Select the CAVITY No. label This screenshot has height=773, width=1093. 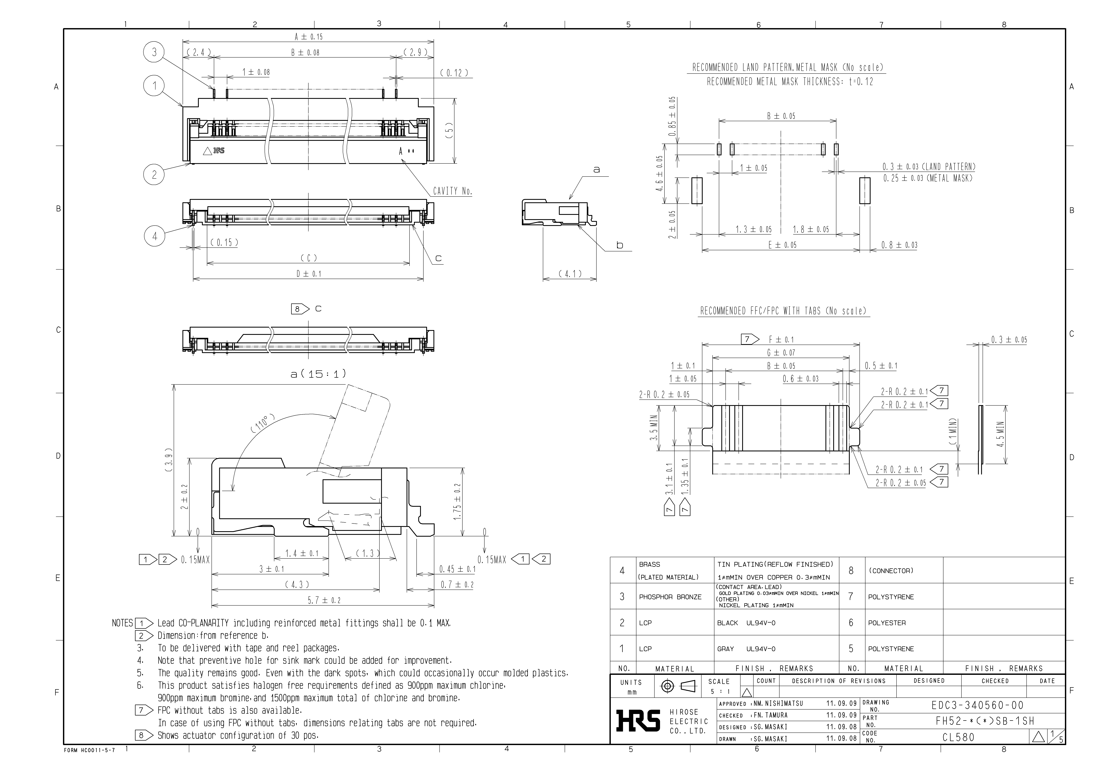coord(452,191)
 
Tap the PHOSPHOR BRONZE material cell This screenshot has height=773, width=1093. coord(670,597)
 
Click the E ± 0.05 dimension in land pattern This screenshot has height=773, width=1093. coord(782,245)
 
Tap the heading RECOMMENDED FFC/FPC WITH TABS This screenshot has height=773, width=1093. coord(783,311)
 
